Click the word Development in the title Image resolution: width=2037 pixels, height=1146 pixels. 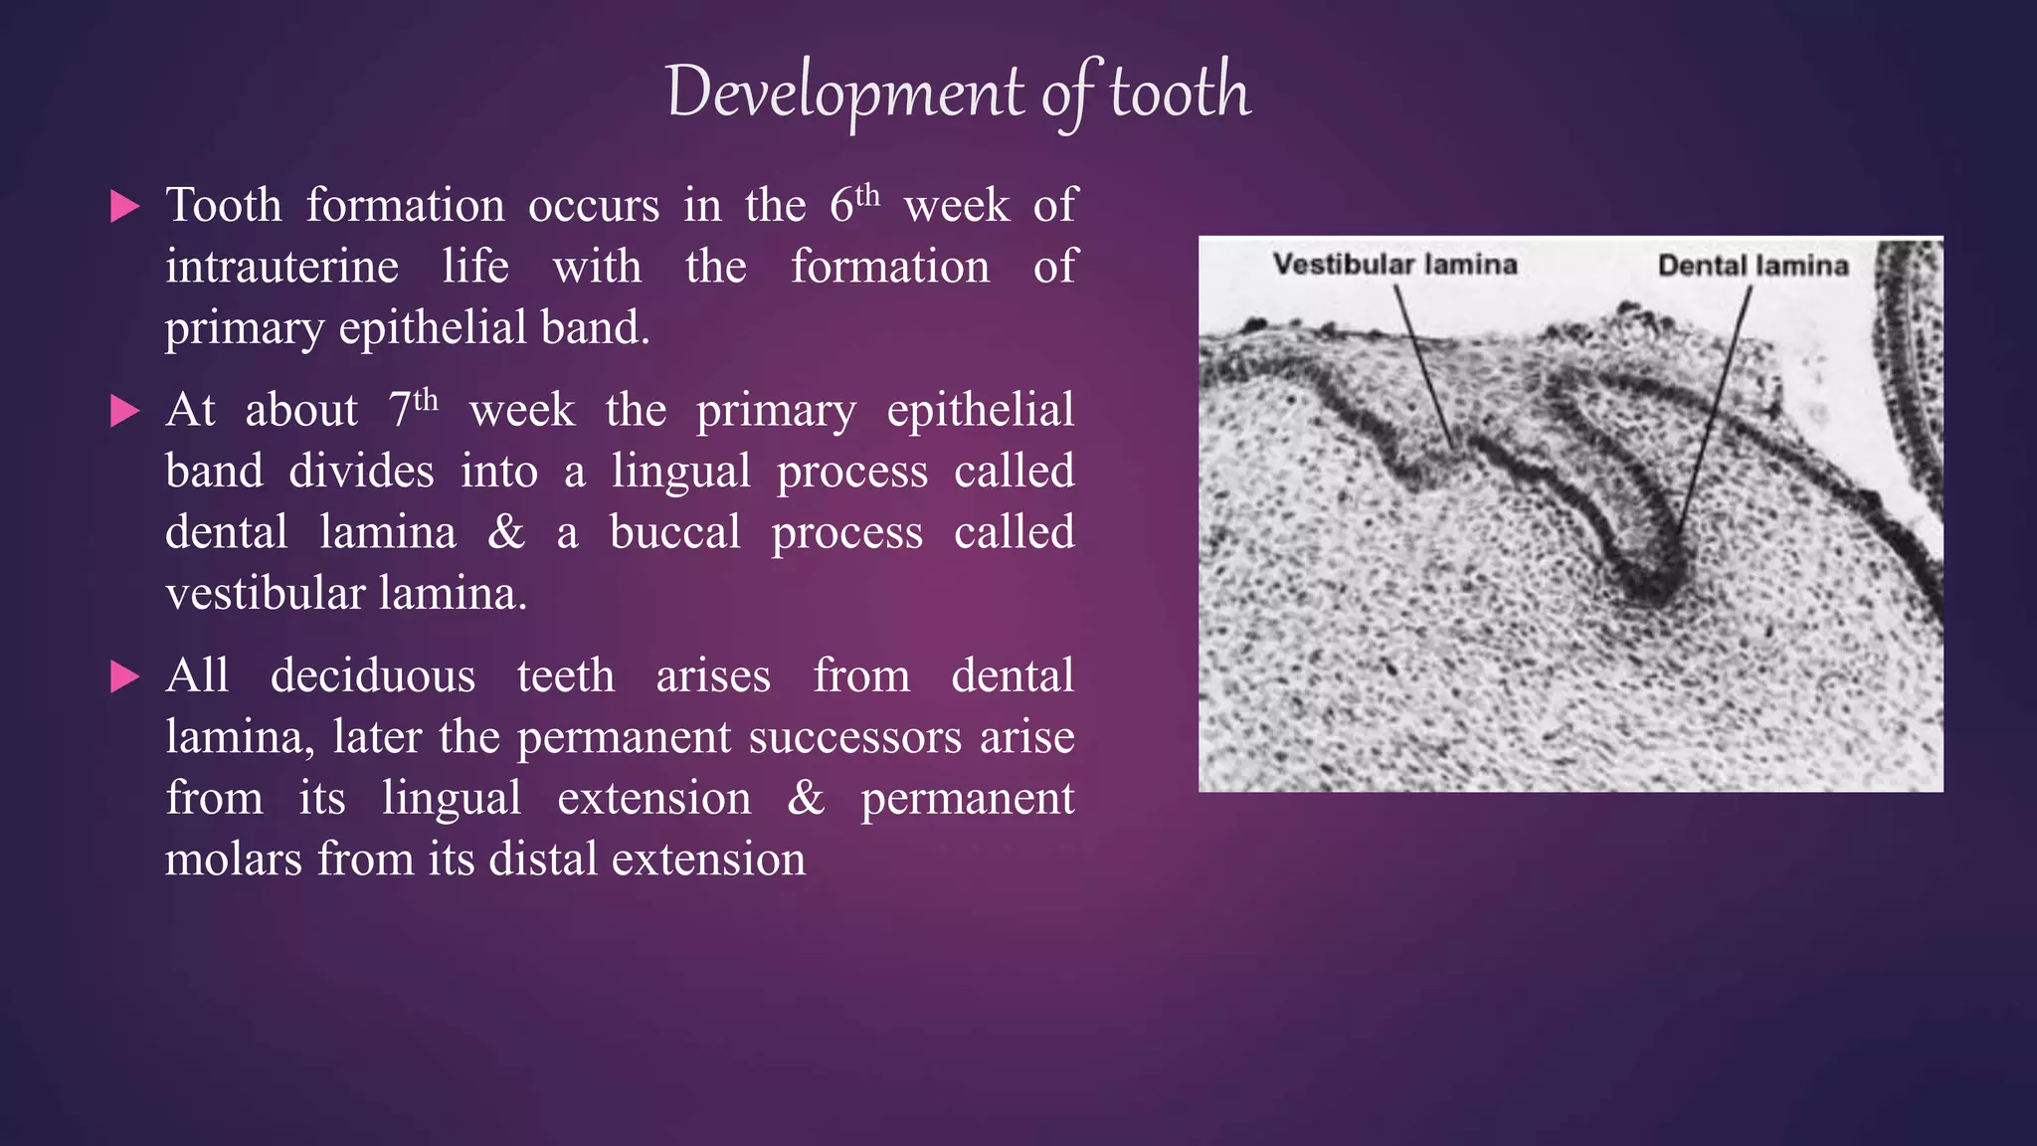point(844,93)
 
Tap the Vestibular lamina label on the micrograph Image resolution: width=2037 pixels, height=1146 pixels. point(1394,265)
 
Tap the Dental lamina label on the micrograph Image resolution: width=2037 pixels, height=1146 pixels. point(1753,266)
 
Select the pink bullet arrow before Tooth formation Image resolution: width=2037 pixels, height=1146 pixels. point(125,207)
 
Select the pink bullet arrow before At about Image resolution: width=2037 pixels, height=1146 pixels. point(125,411)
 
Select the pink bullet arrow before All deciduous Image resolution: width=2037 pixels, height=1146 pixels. point(125,677)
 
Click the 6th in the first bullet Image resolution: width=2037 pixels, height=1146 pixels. point(853,204)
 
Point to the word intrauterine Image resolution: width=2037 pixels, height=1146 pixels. point(281,267)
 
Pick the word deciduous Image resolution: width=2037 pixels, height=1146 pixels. point(372,675)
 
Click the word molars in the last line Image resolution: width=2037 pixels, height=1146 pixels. point(233,859)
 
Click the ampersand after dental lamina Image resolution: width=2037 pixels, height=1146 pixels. point(505,532)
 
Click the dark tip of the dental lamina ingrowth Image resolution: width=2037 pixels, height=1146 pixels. point(1646,587)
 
